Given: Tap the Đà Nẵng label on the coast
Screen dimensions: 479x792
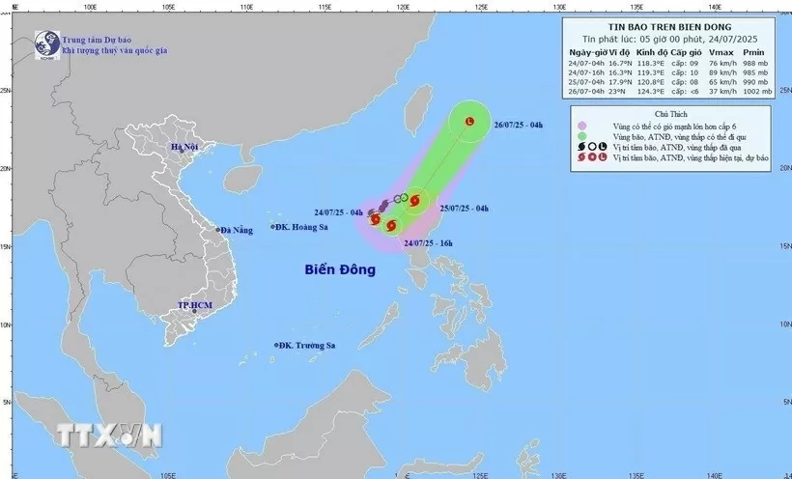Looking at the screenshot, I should point(235,230).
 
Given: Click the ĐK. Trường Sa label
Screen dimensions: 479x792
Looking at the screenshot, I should point(308,345).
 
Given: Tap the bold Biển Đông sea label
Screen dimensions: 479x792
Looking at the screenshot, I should point(335,270).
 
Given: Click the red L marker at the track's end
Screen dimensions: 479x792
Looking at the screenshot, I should point(469,123).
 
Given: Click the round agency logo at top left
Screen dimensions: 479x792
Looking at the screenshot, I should point(44,42).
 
